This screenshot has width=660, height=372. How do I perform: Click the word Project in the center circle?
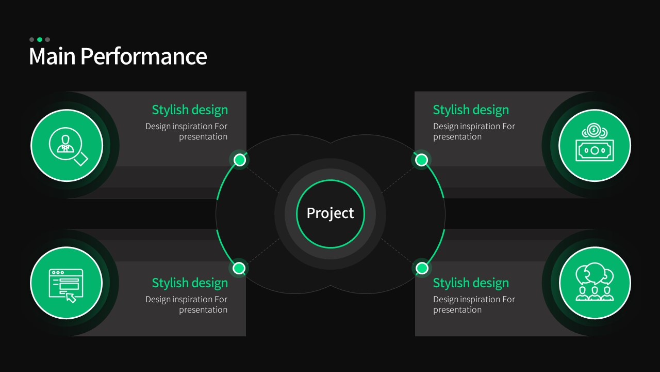(x=330, y=213)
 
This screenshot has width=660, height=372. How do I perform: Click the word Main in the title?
(x=52, y=56)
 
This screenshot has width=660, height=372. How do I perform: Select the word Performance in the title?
(x=144, y=56)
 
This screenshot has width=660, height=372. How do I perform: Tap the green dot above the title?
(x=40, y=40)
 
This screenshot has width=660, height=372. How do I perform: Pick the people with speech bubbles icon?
(x=595, y=282)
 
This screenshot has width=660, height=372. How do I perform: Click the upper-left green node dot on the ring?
(x=240, y=160)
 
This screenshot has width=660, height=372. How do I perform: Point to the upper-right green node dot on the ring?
(x=421, y=160)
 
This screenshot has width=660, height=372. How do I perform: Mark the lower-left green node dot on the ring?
(x=239, y=268)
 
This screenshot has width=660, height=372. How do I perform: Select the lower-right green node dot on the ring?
(x=422, y=268)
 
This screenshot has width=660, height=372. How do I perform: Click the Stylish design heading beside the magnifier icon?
(x=190, y=110)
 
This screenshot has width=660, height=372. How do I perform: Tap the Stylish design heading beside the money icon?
(x=471, y=110)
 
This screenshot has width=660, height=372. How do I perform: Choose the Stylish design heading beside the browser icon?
(x=190, y=283)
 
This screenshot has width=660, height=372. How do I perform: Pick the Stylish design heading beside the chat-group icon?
(x=471, y=283)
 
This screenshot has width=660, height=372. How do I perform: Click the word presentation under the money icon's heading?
(x=457, y=137)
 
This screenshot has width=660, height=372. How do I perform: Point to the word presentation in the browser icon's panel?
(x=203, y=310)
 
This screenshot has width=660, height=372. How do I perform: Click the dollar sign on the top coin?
(x=594, y=130)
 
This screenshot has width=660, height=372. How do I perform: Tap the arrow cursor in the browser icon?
(x=71, y=298)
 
